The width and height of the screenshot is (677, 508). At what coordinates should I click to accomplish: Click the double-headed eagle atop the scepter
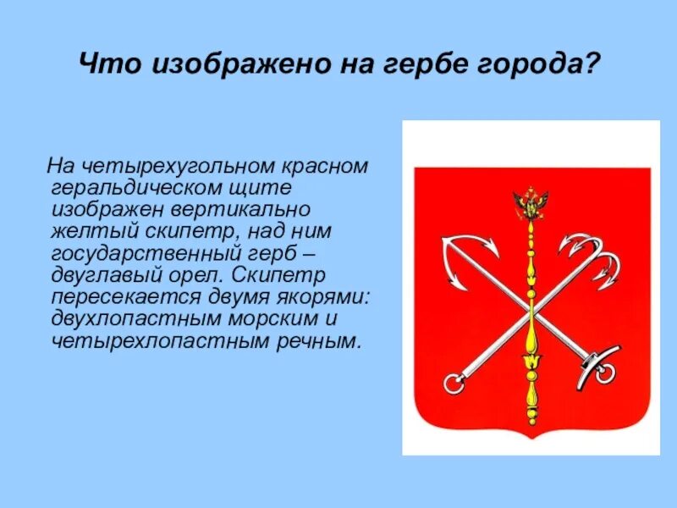coord(531,203)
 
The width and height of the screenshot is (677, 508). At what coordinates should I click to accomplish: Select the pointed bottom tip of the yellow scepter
coord(531,420)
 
